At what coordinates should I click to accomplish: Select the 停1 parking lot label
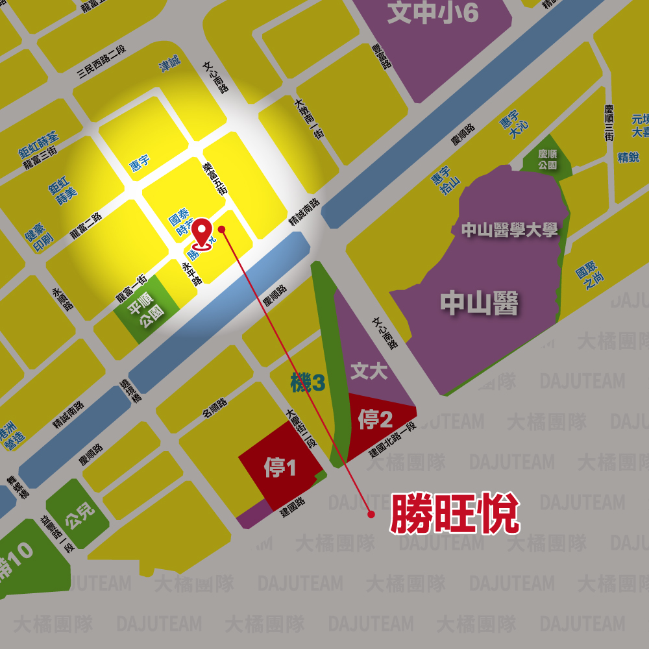click(x=280, y=467)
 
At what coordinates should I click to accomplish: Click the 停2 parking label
click(x=375, y=420)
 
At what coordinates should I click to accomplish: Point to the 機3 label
click(x=307, y=384)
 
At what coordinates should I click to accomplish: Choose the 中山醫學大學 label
click(x=509, y=230)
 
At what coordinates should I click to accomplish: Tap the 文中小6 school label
click(x=433, y=14)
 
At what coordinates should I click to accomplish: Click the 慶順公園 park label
click(x=548, y=160)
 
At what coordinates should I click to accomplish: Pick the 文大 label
click(x=369, y=371)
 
